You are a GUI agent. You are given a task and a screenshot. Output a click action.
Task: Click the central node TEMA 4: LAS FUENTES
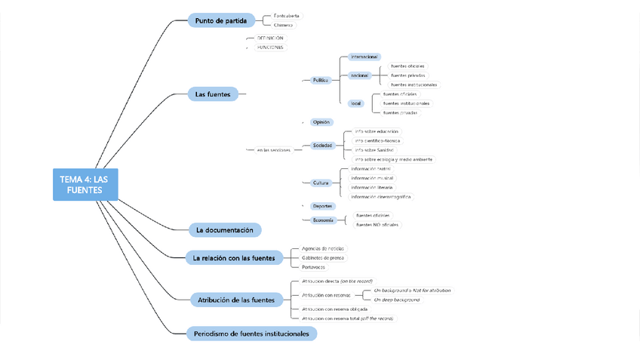click(x=85, y=184)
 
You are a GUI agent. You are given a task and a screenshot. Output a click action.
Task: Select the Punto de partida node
click(x=221, y=20)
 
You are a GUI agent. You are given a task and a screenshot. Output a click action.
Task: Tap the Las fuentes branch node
click(x=213, y=94)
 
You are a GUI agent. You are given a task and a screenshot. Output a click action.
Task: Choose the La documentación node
click(x=225, y=229)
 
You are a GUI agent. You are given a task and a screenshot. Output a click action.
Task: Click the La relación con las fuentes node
click(x=234, y=258)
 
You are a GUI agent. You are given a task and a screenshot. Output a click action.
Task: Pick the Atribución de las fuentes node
click(x=236, y=300)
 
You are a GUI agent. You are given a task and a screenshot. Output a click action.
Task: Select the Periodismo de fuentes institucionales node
click(x=251, y=333)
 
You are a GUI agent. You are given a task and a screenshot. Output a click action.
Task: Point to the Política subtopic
click(x=321, y=80)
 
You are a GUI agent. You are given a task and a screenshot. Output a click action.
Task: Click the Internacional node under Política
click(x=365, y=57)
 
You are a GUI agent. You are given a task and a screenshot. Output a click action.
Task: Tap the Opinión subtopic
click(x=322, y=122)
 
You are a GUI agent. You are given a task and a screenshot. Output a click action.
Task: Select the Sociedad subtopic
click(x=322, y=146)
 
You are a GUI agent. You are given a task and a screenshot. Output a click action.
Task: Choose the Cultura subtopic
click(x=322, y=183)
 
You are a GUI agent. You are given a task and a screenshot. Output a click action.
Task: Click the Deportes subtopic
click(x=322, y=206)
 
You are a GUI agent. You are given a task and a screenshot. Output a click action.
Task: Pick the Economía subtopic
click(x=322, y=220)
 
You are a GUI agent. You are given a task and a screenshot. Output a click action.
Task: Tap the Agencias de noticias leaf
click(x=323, y=248)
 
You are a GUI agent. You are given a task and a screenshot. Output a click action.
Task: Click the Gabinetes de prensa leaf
click(x=323, y=258)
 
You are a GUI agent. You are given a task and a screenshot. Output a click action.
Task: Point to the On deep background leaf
click(x=397, y=300)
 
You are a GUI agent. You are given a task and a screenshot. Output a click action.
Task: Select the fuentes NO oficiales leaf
click(x=377, y=225)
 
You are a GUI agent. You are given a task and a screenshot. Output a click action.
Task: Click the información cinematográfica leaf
click(x=381, y=197)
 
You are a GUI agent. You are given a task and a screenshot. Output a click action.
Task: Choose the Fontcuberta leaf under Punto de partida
click(x=286, y=16)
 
